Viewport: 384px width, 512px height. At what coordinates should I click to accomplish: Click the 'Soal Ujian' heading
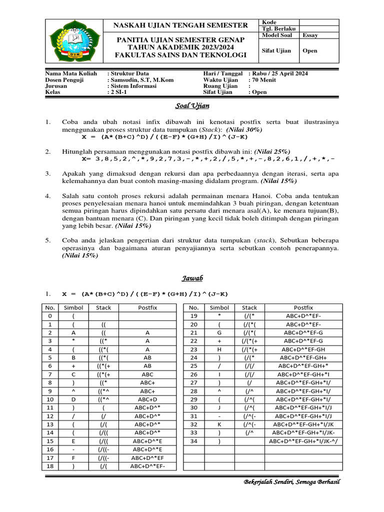(192, 105)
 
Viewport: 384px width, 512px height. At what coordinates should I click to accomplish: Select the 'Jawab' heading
(192, 277)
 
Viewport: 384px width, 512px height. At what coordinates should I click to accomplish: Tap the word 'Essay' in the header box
(310, 35)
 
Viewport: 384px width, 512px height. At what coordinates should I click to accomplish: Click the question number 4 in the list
(48, 196)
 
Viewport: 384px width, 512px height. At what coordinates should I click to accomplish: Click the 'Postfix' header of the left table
(147, 307)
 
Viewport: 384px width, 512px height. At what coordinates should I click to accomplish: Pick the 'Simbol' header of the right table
(219, 307)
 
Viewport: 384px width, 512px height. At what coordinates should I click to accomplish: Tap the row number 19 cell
(195, 316)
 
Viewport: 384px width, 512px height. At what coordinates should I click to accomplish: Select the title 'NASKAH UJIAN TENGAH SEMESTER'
(181, 25)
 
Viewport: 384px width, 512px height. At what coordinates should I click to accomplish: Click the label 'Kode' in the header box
(269, 22)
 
